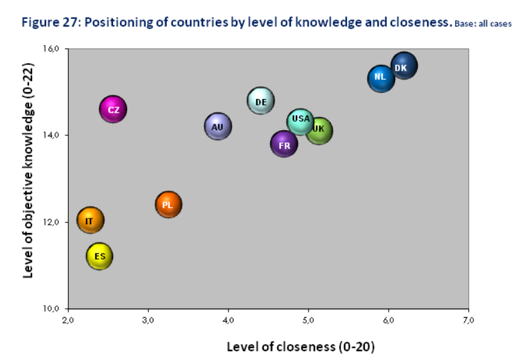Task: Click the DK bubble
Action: pyautogui.click(x=404, y=66)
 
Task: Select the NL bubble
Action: pyautogui.click(x=381, y=78)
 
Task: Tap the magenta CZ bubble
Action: pyautogui.click(x=113, y=110)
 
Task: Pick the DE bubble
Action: pyautogui.click(x=261, y=100)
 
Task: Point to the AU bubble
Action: pyautogui.click(x=218, y=126)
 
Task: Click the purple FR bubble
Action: pyautogui.click(x=284, y=145)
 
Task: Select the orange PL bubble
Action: pyautogui.click(x=168, y=205)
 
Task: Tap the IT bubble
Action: pyautogui.click(x=90, y=220)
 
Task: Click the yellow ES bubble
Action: pyautogui.click(x=100, y=256)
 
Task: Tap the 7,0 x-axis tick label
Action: pyautogui.click(x=469, y=320)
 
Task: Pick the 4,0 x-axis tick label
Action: pyautogui.click(x=228, y=320)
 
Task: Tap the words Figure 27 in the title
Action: pyautogui.click(x=50, y=23)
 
